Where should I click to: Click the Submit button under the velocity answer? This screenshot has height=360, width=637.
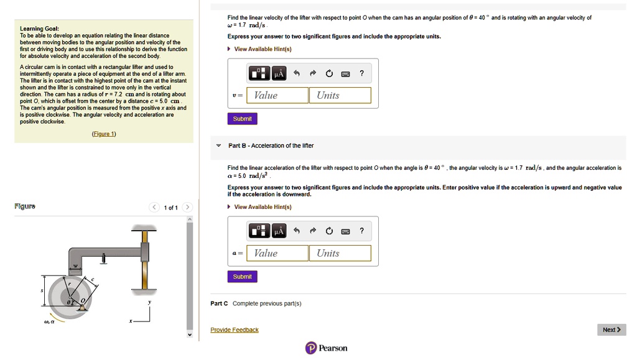(x=242, y=119)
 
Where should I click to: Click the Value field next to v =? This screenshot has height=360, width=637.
(x=277, y=95)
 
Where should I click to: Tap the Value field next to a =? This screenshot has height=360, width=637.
(x=277, y=253)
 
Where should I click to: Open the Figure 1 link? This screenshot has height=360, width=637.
(x=104, y=134)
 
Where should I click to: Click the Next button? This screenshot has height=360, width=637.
(x=611, y=330)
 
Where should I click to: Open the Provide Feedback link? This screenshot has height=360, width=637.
(x=234, y=330)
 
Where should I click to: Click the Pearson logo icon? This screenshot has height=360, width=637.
(x=311, y=348)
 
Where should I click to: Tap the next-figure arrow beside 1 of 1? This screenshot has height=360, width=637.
(x=187, y=208)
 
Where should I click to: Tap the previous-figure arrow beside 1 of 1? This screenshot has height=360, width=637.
(x=154, y=208)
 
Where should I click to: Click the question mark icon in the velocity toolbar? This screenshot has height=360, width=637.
(x=361, y=74)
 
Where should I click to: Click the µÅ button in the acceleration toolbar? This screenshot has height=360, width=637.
(x=278, y=232)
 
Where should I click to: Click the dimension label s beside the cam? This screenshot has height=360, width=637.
(x=42, y=290)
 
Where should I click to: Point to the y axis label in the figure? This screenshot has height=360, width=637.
(x=149, y=303)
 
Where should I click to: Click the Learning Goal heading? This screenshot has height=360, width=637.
(x=40, y=29)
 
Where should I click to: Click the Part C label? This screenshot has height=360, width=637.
(x=219, y=303)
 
